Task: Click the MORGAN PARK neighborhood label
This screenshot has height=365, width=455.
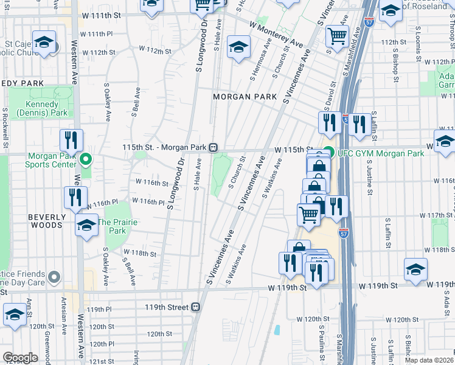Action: (x=245, y=97)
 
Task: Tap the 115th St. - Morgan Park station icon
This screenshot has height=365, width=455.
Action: (x=214, y=147)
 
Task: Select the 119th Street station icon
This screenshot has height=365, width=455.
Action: (x=196, y=307)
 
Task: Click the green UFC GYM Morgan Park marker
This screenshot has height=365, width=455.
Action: (x=328, y=153)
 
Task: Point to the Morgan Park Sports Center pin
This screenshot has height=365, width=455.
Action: (x=86, y=160)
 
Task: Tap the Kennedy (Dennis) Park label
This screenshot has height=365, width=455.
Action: (x=41, y=109)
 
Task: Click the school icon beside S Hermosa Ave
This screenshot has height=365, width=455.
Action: (x=239, y=47)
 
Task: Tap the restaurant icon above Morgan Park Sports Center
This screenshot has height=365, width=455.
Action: (x=71, y=141)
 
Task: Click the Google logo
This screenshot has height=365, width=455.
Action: (x=20, y=358)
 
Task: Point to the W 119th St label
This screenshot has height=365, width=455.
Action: (x=378, y=285)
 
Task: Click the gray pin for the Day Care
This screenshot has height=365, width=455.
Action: (x=54, y=278)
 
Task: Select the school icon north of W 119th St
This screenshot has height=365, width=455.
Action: (x=416, y=269)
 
